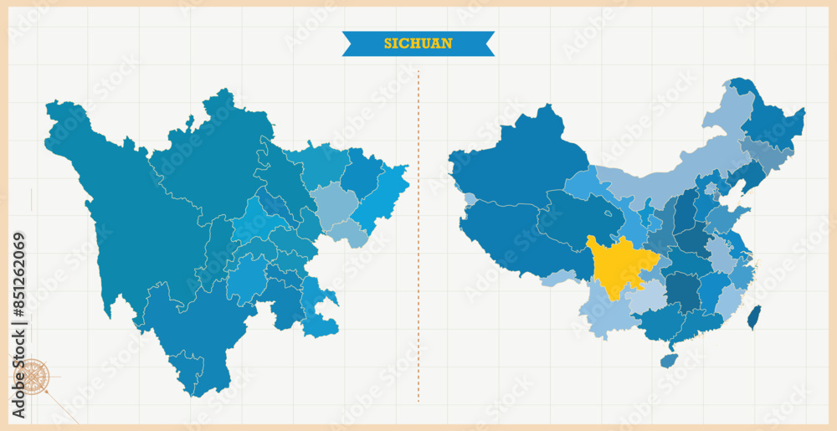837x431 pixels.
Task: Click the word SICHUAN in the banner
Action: point(418,44)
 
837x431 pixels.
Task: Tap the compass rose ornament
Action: point(33,377)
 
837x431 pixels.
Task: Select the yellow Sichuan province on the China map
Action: point(619,266)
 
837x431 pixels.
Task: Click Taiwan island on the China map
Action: point(754,317)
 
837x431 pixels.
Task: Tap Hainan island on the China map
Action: point(668,360)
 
